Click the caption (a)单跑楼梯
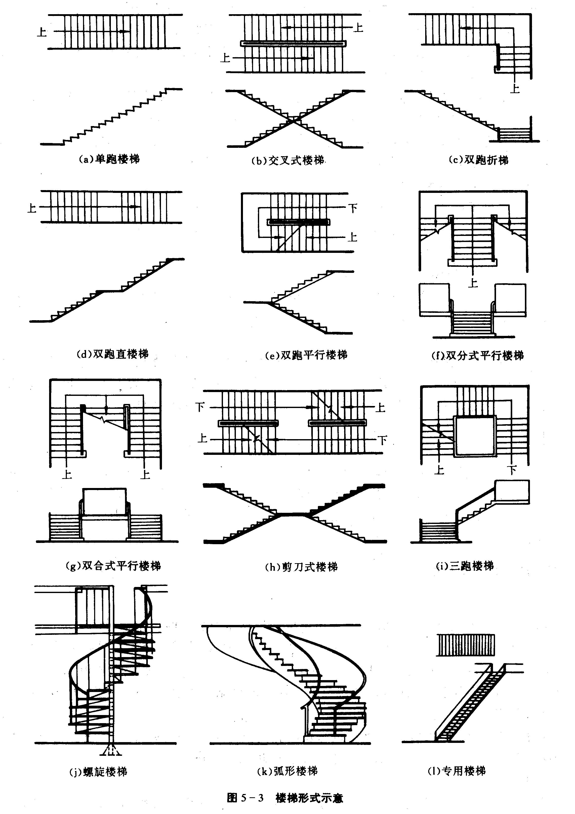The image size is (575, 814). point(109,159)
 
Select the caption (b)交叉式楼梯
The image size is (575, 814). point(288,161)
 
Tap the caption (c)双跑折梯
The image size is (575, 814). point(478,160)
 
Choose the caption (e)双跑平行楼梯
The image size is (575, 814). point(306,355)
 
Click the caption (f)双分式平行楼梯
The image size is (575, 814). point(477,355)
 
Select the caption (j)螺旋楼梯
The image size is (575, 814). point(98,771)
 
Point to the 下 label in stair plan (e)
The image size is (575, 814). point(353,208)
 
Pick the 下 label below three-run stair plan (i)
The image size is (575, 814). point(511,471)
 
